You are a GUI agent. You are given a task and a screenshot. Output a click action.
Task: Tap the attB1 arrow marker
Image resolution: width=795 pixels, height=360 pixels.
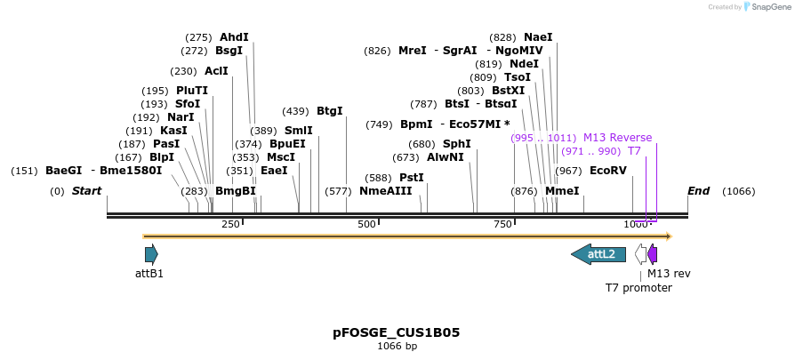(x=151, y=254)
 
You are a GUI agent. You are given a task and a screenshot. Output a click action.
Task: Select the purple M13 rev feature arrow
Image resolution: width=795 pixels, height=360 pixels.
(x=653, y=254)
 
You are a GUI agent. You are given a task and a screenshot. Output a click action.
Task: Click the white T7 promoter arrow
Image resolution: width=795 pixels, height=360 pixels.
(x=640, y=254)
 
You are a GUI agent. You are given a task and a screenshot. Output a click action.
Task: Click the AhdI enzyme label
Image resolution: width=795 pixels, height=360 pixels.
(x=234, y=37)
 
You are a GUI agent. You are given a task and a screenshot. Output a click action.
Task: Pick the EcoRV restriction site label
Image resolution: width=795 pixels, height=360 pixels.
(x=608, y=171)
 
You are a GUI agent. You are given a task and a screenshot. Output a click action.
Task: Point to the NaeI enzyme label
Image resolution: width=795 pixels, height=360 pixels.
(x=538, y=37)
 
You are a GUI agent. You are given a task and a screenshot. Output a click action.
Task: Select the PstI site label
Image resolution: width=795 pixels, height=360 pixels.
(x=412, y=178)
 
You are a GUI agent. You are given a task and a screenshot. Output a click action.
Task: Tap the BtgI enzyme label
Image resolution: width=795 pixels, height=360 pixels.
(x=329, y=111)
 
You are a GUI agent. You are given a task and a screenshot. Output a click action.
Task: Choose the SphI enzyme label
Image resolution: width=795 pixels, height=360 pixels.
(x=457, y=144)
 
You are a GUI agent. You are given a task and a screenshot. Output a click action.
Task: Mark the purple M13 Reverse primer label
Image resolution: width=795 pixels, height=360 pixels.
(x=617, y=138)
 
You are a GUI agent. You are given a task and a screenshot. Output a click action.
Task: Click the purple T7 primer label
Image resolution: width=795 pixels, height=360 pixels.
(x=634, y=151)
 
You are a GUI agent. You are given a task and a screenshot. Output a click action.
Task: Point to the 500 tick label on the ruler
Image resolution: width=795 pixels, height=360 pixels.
(x=366, y=224)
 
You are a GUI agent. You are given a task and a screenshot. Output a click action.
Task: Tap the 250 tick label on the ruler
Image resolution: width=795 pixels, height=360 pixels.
(x=230, y=224)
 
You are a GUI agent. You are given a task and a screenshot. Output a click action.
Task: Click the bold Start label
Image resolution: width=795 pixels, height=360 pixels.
(x=86, y=191)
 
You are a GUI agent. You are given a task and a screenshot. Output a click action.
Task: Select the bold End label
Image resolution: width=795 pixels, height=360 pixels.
(x=699, y=191)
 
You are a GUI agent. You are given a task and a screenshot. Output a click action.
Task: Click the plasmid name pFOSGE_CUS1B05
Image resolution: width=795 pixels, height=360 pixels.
(x=397, y=332)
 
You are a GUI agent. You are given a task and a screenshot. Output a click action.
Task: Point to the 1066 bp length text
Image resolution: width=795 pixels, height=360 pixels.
(x=397, y=347)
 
